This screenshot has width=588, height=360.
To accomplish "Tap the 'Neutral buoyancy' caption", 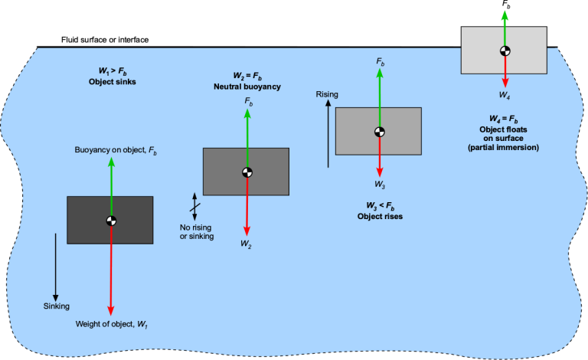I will pos(247,87).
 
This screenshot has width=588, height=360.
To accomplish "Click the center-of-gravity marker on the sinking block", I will pos(111,221).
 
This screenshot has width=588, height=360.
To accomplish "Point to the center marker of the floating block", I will pos(504,51).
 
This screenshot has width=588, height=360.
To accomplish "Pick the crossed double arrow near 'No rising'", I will pos(194,207).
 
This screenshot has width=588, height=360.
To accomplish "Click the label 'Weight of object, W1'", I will pos(111,324).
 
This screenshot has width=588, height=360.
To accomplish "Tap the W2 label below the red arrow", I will pos(246,243).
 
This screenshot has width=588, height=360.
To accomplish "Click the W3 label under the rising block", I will pos(379,185).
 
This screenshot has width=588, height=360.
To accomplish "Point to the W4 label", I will pos(504,94).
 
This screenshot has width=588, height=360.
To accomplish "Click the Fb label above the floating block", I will pos(505,5).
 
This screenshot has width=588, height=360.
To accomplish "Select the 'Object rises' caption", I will pos(380,216).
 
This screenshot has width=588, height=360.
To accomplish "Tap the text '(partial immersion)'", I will pos(504,146).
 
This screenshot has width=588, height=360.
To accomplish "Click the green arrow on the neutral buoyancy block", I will pos(247,138).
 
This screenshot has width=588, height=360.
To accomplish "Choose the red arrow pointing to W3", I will pos(379,157).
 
